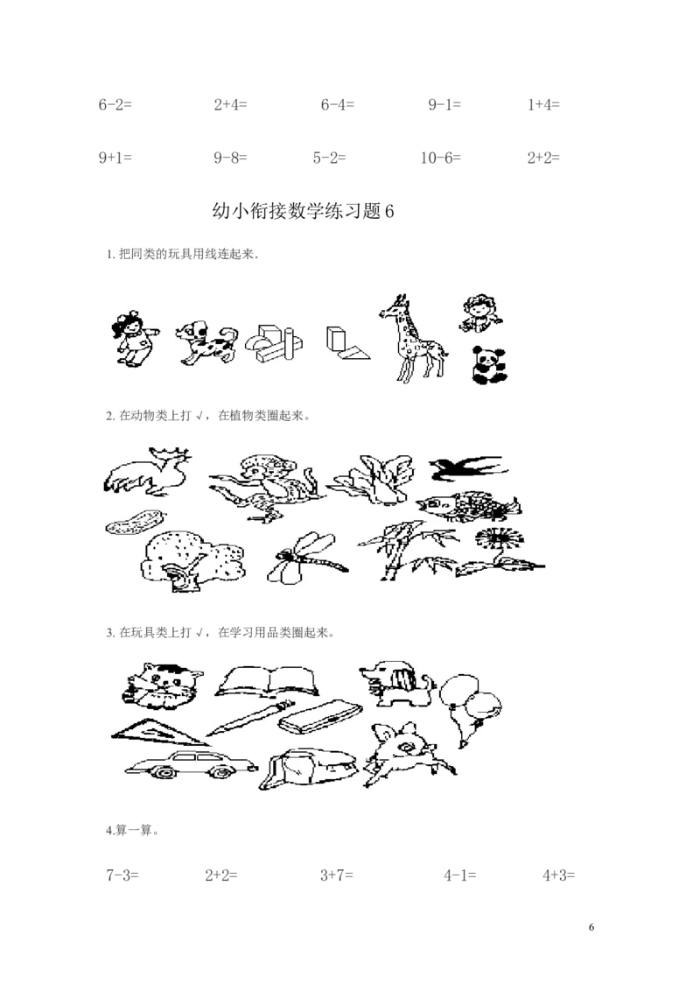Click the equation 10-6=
click(441, 158)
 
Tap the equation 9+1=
click(115, 158)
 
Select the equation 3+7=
click(337, 875)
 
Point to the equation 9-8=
click(230, 158)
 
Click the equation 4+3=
click(559, 875)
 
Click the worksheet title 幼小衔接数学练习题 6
click(304, 211)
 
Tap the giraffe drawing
click(412, 338)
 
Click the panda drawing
click(490, 365)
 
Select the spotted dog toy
click(206, 342)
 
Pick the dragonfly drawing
click(306, 558)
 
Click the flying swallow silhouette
click(467, 468)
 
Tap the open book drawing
click(267, 681)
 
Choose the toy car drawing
click(191, 765)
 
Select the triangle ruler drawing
click(159, 733)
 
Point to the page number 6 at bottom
click(591, 927)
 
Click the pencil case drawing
click(322, 716)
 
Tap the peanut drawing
click(136, 522)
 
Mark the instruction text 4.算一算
click(132, 830)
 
